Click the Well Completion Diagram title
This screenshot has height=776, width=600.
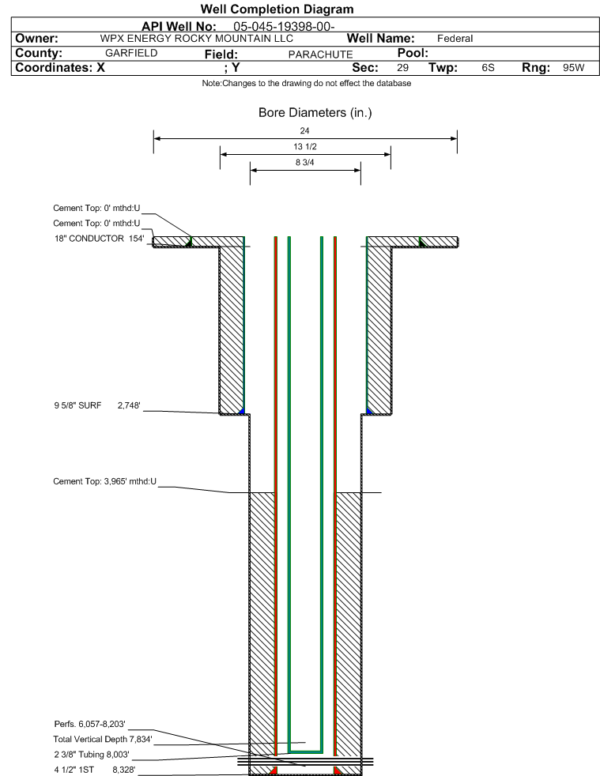click(x=277, y=9)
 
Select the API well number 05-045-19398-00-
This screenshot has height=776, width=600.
click(x=284, y=26)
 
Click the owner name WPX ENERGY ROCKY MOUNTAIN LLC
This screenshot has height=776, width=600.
click(x=197, y=39)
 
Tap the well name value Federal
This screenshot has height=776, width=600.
click(x=455, y=39)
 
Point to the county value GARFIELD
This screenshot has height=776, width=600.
click(x=131, y=53)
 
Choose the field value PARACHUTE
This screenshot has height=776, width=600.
click(x=321, y=55)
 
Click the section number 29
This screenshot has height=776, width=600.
click(x=402, y=68)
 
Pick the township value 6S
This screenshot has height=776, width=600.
click(x=488, y=68)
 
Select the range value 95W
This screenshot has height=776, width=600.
click(x=574, y=68)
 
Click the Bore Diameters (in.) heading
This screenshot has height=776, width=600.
click(x=315, y=113)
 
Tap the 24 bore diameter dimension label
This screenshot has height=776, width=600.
click(x=304, y=130)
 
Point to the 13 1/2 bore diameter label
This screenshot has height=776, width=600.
click(x=305, y=146)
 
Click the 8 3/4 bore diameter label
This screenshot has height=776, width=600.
click(x=305, y=162)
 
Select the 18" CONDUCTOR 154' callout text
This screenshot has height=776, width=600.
click(x=99, y=239)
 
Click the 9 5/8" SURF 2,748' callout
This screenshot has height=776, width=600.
click(x=97, y=405)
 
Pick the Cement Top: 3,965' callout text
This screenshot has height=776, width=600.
click(x=105, y=481)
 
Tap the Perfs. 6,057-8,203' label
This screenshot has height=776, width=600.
click(x=89, y=724)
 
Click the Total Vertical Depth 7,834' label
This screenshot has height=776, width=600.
click(x=103, y=740)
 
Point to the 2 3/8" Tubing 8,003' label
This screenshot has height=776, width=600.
click(x=92, y=755)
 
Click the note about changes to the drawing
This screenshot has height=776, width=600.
click(x=307, y=83)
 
